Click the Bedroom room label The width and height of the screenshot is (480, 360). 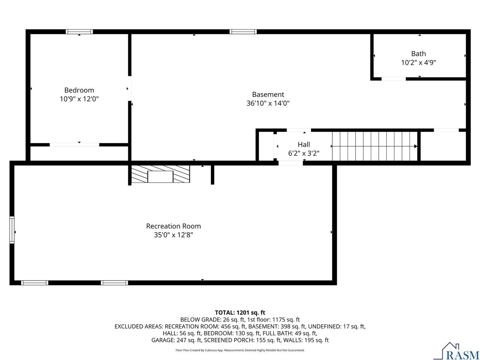tap(79, 90)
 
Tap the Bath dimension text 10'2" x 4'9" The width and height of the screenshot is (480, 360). tap(418, 63)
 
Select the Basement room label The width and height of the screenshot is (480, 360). tap(268, 94)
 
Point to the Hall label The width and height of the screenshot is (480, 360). tap(304, 144)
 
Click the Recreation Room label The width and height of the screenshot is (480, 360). tap(173, 226)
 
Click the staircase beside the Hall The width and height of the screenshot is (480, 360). tap(375, 146)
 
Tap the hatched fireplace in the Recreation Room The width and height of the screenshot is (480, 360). tap(160, 175)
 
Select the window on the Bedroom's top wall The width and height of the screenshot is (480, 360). tap(79, 32)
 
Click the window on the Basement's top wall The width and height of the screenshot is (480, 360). tap(243, 32)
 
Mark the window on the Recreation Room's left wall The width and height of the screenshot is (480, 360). tap(12, 230)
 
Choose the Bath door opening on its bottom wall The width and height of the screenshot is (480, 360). tap(394, 79)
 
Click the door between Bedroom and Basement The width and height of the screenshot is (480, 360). tap(130, 88)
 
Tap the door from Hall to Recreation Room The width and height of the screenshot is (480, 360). tap(291, 163)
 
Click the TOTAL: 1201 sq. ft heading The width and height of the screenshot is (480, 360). tap(240, 312)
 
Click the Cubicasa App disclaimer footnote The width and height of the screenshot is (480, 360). tap(240, 350)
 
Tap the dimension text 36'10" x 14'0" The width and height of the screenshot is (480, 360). tap(268, 103)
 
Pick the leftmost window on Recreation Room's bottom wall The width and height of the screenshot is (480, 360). tap(34, 283)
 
